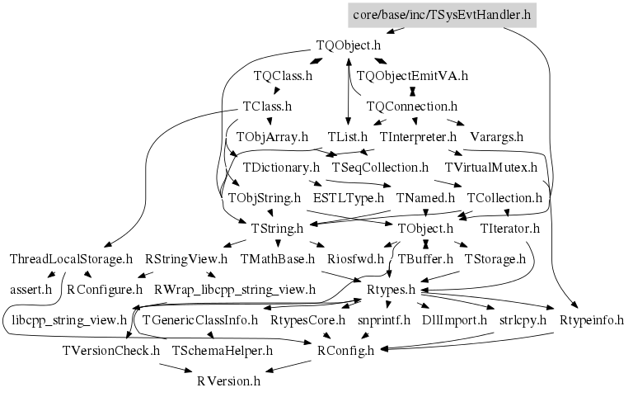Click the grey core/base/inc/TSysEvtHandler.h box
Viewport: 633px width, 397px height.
click(440, 14)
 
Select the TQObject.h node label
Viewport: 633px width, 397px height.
click(349, 45)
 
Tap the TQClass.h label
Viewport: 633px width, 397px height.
click(283, 76)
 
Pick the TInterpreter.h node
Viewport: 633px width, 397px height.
click(418, 136)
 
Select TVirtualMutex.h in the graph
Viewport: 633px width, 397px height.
click(490, 167)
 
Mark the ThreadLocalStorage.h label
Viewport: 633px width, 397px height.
click(71, 258)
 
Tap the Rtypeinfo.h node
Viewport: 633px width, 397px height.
click(591, 319)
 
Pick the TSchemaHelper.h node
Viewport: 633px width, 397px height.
click(223, 350)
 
